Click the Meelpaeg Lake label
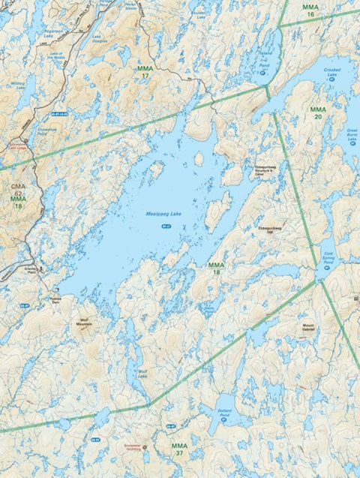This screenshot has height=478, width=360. click(164, 215)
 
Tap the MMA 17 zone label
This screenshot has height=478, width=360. click(145, 72)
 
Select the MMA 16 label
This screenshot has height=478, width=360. click(310, 11)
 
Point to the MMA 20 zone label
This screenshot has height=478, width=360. click(318, 113)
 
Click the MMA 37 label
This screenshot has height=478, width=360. click(178, 449)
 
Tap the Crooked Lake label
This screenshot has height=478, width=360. click(332, 71)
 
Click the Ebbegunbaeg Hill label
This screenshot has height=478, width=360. click(268, 227)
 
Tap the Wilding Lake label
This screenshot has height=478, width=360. click(17, 85)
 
